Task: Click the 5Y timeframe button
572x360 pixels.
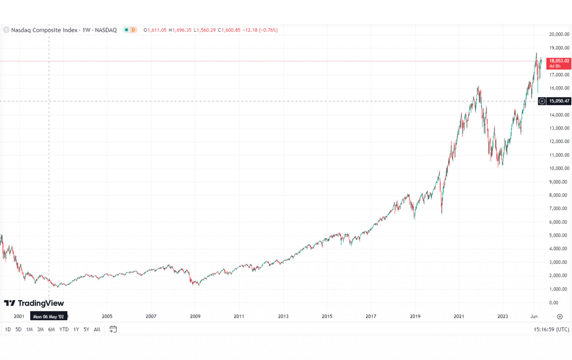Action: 86,329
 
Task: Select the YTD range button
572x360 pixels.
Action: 64,329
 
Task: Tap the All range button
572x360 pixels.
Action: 97,329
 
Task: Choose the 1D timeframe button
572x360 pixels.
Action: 8,329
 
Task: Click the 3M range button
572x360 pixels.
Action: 40,329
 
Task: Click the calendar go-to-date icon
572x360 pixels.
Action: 113,329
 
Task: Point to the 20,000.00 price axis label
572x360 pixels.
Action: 559,34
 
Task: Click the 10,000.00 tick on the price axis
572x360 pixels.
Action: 559,168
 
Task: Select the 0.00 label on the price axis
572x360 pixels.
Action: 554,303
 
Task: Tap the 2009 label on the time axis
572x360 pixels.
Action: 195,316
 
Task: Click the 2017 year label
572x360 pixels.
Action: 371,316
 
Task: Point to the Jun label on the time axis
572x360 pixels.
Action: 534,316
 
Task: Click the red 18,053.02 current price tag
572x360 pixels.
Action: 559,63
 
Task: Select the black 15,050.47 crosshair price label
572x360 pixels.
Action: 559,101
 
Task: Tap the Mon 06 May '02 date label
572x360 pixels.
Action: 49,316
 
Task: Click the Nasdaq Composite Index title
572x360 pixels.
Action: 44,30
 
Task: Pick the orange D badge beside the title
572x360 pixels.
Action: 133,30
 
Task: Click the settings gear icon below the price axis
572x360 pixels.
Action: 559,316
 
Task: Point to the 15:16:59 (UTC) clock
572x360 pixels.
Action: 551,329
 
